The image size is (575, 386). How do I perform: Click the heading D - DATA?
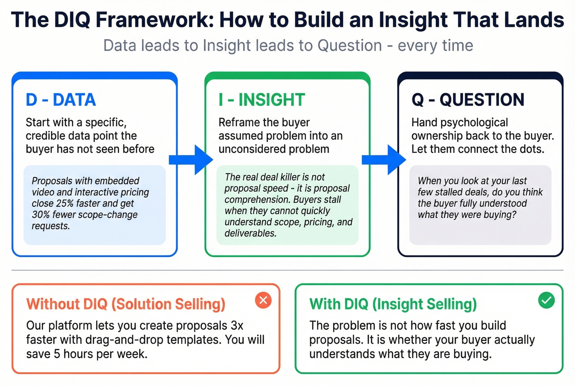click(60, 100)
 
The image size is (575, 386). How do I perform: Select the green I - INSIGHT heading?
click(262, 100)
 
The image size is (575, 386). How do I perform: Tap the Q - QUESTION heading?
click(468, 100)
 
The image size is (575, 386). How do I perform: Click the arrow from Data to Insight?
click(191, 159)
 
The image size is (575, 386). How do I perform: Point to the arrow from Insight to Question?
click(384, 159)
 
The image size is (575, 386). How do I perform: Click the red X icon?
click(263, 300)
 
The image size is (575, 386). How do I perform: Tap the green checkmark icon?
click(546, 300)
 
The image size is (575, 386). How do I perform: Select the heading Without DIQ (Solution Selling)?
click(126, 304)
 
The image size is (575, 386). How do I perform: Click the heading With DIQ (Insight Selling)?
click(393, 304)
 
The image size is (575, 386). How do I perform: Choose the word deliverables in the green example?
click(250, 233)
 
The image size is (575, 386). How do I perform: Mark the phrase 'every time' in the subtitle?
click(435, 46)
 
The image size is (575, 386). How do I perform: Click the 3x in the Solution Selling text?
click(237, 326)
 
